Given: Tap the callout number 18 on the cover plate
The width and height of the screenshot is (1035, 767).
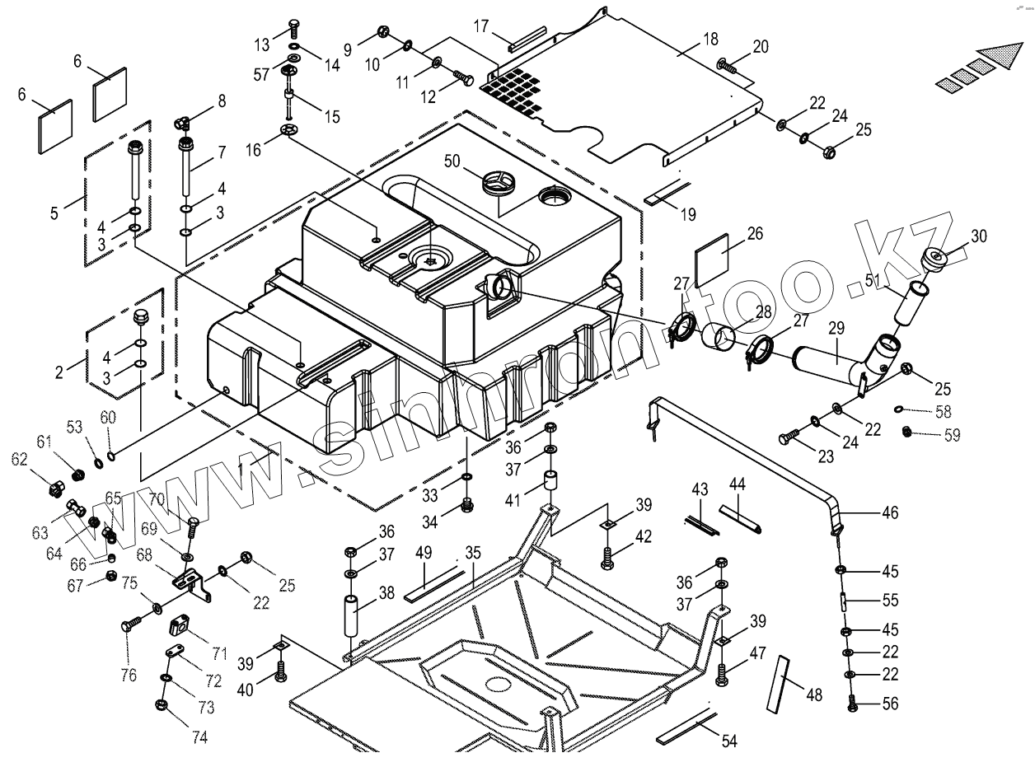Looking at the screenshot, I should [710, 39].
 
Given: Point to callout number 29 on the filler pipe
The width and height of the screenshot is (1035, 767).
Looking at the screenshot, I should [836, 329].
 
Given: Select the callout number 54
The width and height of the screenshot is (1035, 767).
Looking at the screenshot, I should [728, 741].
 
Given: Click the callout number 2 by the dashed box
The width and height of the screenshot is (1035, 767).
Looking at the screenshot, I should [59, 372].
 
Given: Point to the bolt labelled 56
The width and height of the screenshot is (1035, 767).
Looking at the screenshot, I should [851, 704].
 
